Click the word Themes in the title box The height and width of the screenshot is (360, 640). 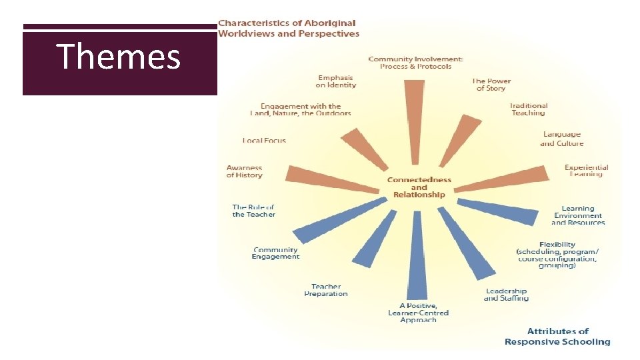119,57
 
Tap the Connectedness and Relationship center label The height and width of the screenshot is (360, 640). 419,187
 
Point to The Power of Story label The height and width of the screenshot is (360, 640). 491,85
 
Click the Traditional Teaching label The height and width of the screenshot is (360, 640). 529,109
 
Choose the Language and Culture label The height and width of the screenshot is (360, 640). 561,139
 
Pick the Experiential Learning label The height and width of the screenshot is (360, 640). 586,171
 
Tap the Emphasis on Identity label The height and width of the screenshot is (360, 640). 336,81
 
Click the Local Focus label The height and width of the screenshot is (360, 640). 264,141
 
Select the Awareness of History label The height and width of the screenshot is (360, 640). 244,171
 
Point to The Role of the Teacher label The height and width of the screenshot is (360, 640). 253,211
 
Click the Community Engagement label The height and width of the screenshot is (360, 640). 275,253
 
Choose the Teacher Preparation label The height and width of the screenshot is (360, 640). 326,290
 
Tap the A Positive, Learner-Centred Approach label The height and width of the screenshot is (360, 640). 419,313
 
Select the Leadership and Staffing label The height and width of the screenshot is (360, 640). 506,295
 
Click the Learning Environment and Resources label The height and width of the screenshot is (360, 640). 578,215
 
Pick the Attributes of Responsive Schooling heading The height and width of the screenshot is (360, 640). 557,337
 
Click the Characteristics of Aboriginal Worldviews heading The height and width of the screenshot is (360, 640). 289,29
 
